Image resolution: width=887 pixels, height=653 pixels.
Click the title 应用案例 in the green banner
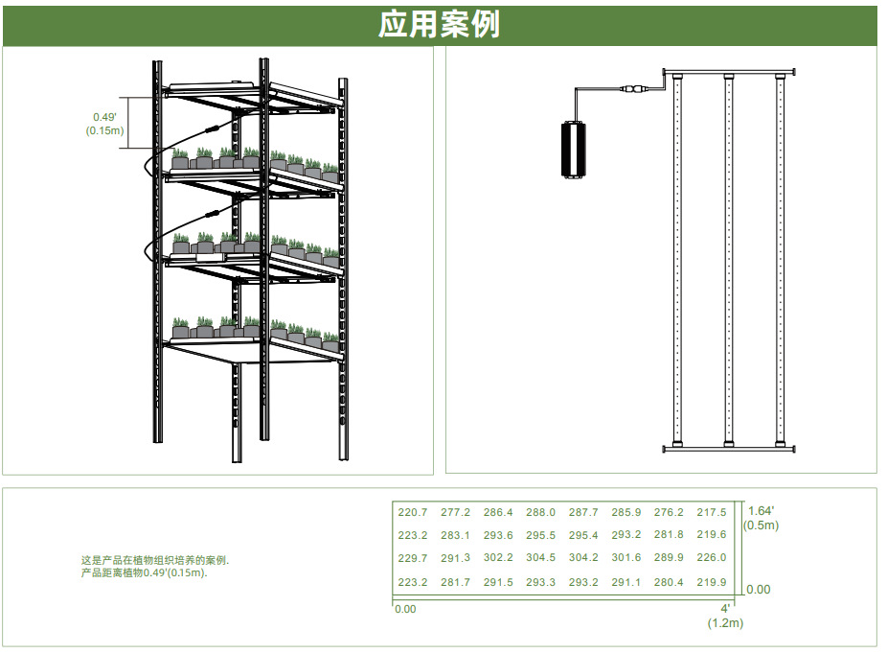(x=439, y=25)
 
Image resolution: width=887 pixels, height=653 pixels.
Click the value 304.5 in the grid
(x=541, y=558)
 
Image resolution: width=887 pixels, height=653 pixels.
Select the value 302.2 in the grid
(x=498, y=558)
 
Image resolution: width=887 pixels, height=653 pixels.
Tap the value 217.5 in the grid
(x=712, y=513)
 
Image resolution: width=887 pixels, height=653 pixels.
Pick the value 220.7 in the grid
(x=413, y=513)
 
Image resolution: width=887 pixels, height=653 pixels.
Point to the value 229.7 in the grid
(x=413, y=558)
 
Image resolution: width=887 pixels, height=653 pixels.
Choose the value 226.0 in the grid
(x=712, y=558)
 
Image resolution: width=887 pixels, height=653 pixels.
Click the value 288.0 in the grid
(x=541, y=513)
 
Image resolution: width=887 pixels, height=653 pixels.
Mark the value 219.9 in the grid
(x=712, y=582)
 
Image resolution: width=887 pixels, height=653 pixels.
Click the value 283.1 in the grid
(x=455, y=535)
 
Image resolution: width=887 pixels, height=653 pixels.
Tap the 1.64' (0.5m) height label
(x=761, y=518)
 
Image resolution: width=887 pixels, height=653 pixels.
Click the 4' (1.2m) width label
(x=725, y=617)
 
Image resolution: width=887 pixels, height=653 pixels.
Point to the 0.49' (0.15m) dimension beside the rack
(x=104, y=124)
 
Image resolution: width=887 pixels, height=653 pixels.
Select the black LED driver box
(x=573, y=150)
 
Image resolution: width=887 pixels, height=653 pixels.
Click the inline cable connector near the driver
(x=633, y=89)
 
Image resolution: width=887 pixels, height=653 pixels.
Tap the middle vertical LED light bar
(x=729, y=260)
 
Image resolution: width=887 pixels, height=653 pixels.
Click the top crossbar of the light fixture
(x=729, y=72)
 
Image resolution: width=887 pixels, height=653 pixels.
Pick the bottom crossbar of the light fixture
(x=729, y=449)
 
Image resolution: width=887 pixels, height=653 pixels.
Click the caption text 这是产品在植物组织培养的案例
(x=155, y=561)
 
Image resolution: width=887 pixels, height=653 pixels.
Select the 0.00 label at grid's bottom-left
(x=405, y=610)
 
